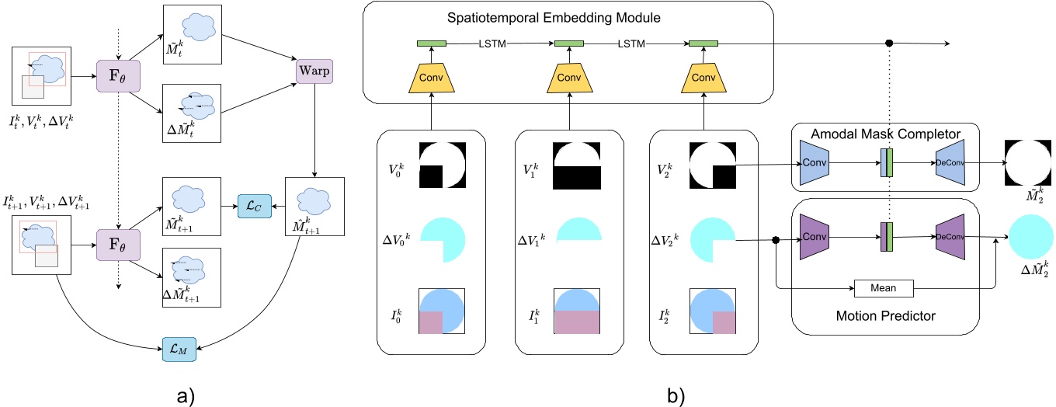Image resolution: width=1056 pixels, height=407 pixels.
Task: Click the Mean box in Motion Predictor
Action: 884,287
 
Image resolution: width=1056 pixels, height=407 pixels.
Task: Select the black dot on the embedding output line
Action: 889,43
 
